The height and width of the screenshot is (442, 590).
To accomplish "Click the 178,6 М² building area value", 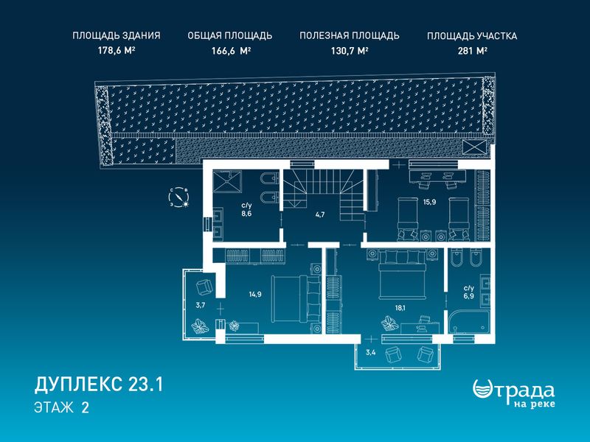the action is click(117, 51).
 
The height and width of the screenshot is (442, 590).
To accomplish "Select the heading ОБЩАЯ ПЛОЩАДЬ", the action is click(230, 35).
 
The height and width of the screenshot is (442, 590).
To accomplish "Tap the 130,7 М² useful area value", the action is click(350, 51).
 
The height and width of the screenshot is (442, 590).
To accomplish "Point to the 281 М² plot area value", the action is click(473, 51).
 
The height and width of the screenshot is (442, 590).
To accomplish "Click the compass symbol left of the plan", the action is click(178, 197).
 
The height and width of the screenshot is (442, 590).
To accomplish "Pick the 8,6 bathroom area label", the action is click(246, 213).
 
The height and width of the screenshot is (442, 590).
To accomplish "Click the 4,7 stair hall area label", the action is click(320, 215).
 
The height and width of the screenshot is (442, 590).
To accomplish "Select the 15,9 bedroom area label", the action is click(429, 202).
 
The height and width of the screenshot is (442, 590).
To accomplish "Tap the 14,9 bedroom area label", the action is click(254, 294).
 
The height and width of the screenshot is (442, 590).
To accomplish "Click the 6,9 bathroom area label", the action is click(469, 296).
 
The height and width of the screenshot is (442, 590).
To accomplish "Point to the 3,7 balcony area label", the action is click(201, 305).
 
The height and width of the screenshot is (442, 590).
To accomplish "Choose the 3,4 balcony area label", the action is click(371, 353).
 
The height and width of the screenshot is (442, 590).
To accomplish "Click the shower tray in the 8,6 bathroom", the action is click(227, 180).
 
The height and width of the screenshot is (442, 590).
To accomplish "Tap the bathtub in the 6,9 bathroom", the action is click(469, 323).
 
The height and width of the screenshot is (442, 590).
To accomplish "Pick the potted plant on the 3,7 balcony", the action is click(200, 326).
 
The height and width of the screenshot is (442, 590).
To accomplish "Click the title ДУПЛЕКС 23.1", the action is click(99, 385).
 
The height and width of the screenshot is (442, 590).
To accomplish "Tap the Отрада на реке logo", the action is click(513, 393).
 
